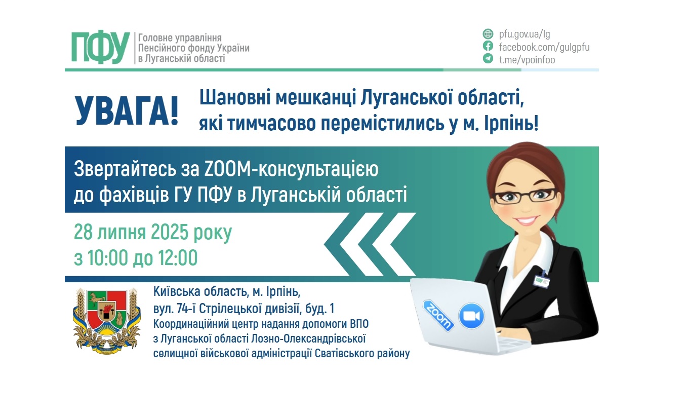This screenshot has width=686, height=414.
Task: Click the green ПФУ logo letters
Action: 100,48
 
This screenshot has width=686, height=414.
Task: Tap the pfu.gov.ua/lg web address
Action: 524,34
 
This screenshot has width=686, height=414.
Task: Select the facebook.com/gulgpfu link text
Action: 544,47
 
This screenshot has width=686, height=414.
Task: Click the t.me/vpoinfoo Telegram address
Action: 527,60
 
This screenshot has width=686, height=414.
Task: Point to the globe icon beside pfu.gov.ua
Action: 488,34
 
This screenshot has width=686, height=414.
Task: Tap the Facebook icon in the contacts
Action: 488,47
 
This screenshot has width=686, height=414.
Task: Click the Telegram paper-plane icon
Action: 488,59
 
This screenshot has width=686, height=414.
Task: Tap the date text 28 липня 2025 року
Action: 153,233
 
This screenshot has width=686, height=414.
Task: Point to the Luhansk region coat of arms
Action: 107,320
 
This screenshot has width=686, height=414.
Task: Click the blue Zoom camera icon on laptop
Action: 471,316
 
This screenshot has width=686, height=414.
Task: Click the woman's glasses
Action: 525,195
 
